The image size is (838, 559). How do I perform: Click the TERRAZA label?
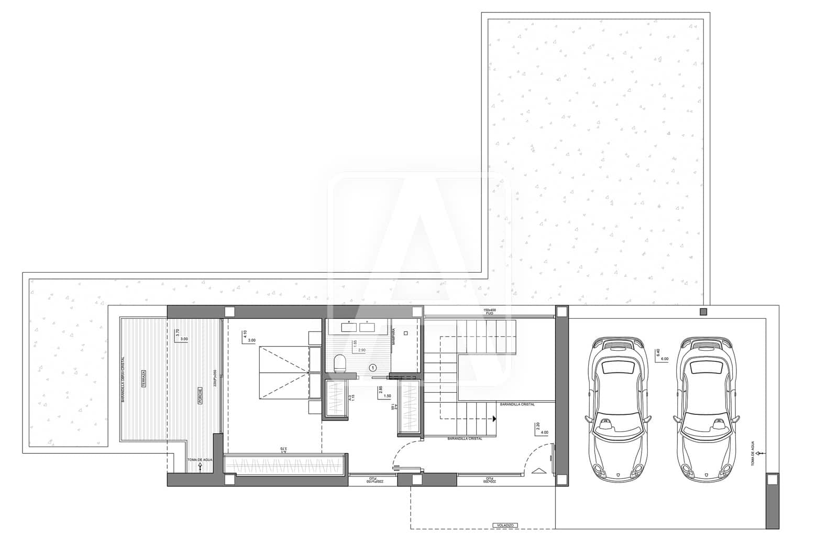[143, 379]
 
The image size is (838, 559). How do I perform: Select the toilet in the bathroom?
[339, 363]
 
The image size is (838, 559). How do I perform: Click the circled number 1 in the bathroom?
[373, 368]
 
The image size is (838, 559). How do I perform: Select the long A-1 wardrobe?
[284, 465]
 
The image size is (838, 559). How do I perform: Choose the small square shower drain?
[406, 332]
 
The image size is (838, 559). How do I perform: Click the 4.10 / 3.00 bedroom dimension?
[249, 336]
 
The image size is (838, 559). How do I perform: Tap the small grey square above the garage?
[703, 312]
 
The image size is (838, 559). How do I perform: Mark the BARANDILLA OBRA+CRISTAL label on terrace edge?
[123, 379]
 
